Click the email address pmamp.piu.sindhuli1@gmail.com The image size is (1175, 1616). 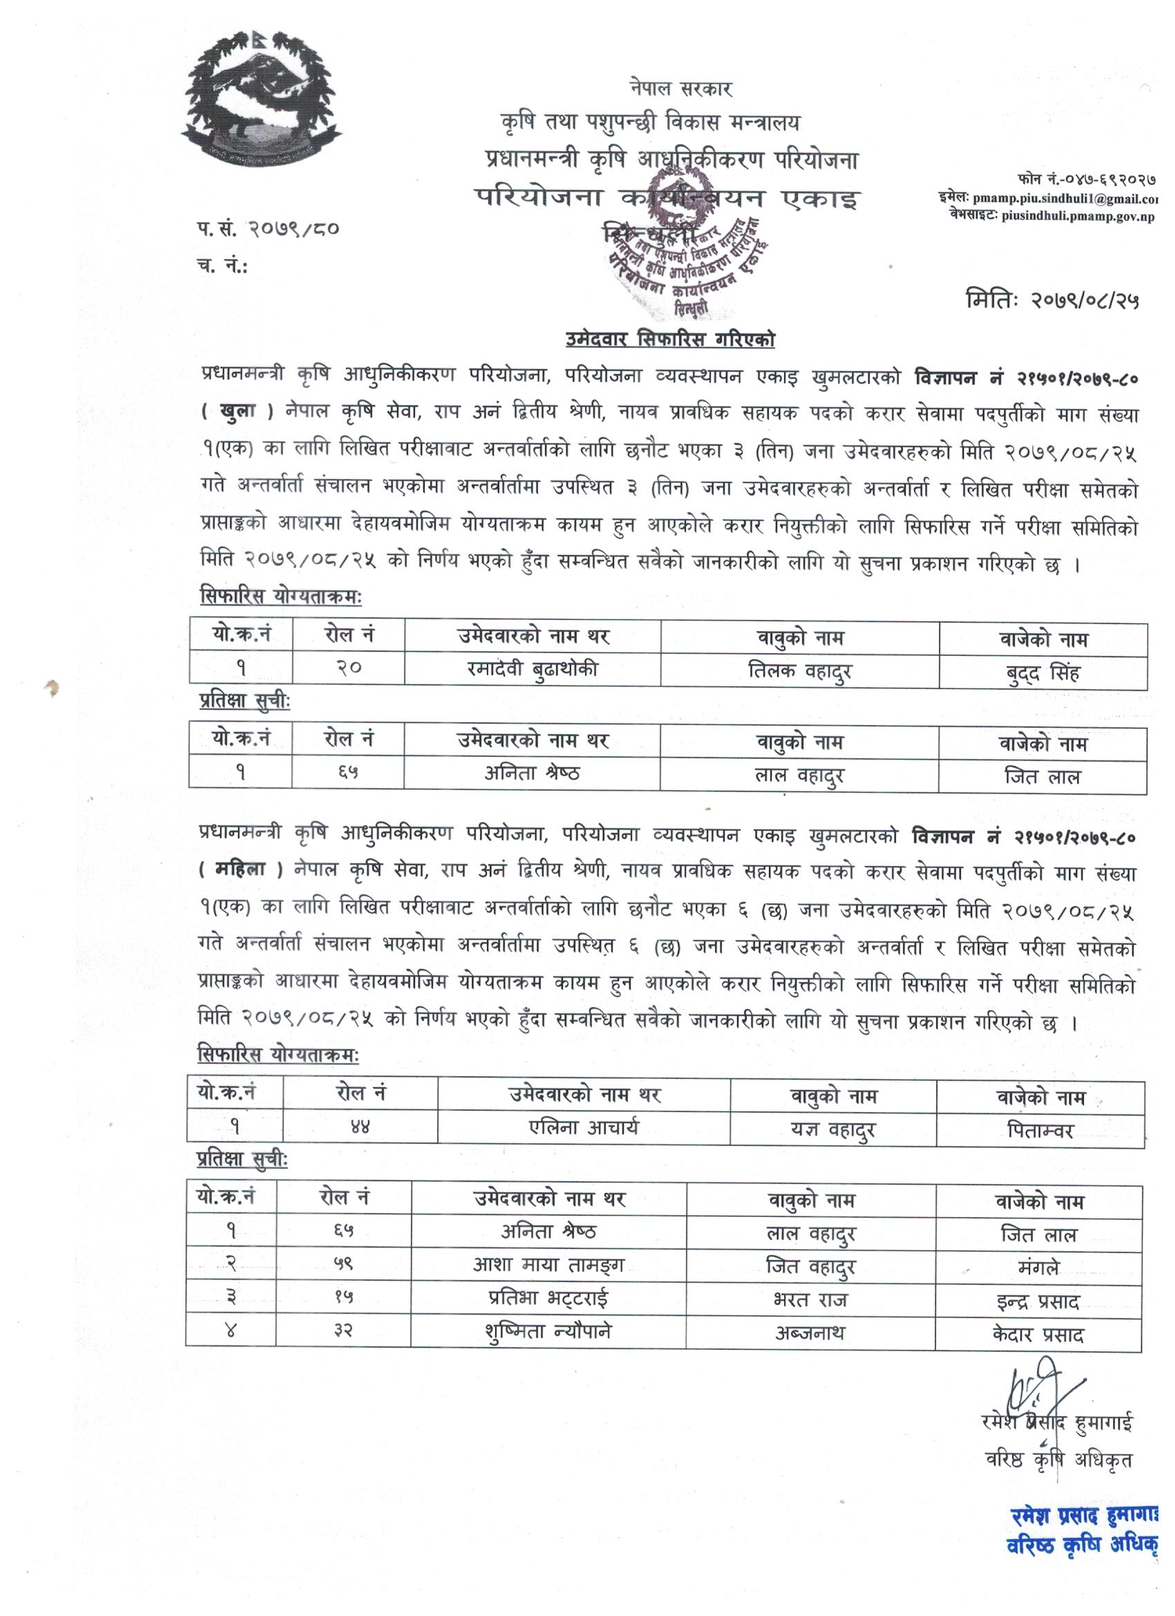[1047, 200]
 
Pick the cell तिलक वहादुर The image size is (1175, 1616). [800, 670]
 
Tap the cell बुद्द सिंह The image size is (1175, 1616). [1042, 673]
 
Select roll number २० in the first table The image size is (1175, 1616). [348, 668]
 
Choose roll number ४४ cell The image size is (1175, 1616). [360, 1127]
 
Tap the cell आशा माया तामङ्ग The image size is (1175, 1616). [549, 1265]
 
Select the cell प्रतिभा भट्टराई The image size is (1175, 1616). [549, 1297]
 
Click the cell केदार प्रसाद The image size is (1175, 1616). [1037, 1333]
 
